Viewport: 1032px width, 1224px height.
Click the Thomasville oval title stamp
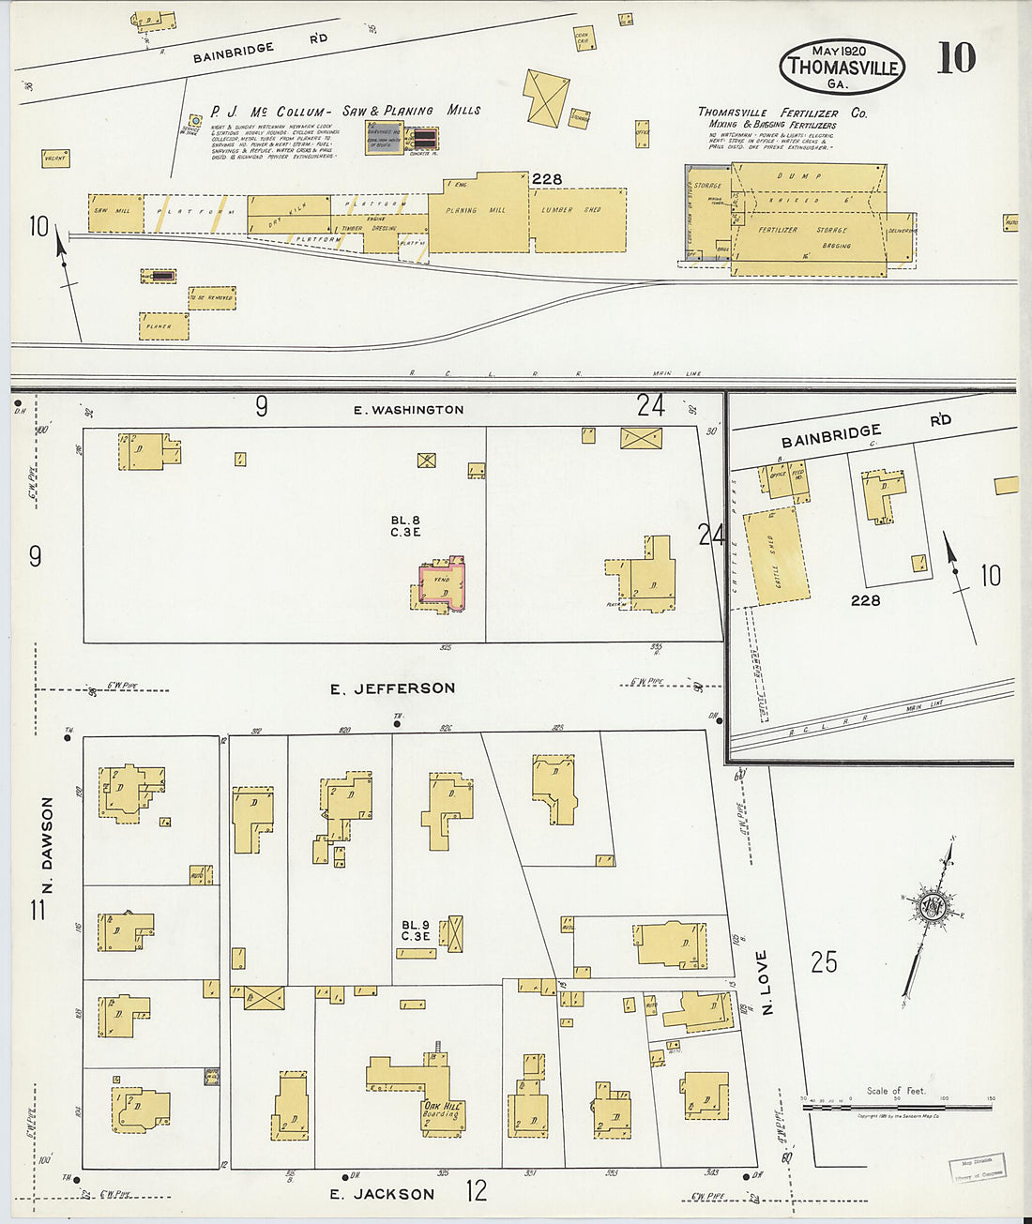842,66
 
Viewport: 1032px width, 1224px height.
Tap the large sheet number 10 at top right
956,58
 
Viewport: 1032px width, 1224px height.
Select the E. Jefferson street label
392,688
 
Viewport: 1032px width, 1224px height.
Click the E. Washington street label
408,410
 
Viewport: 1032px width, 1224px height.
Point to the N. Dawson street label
47,846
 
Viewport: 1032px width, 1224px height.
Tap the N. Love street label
766,982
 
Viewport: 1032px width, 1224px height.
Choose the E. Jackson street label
382,1194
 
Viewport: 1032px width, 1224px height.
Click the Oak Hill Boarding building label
441,1111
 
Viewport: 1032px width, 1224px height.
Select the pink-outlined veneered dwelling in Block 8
440,586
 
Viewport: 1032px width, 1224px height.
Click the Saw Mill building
114,213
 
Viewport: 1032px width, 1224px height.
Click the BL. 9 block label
415,929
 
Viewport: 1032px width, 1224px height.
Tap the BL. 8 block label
405,525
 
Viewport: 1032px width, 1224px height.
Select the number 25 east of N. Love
824,961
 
